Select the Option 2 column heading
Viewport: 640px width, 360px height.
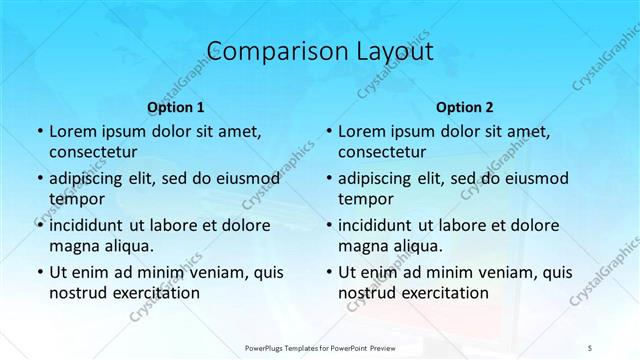[464, 106]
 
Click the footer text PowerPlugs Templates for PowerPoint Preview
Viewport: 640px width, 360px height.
[319, 346]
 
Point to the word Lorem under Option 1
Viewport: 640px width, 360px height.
[72, 132]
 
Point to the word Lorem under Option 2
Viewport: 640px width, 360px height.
[361, 132]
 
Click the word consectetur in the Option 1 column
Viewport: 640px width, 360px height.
[93, 152]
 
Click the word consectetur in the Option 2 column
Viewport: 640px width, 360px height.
[382, 152]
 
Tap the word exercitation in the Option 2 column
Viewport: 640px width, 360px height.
[443, 292]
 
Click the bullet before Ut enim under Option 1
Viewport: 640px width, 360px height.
[38, 272]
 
